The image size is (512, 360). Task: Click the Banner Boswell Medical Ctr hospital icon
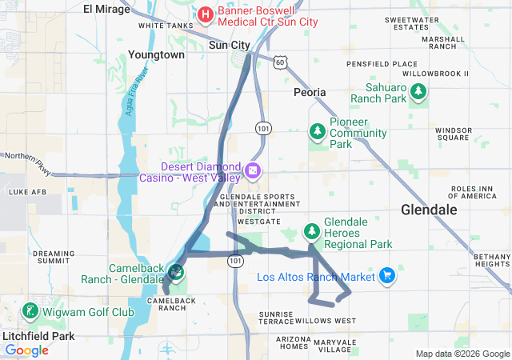205,14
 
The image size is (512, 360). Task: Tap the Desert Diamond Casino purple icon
252,170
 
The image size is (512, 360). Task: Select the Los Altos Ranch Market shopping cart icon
387,275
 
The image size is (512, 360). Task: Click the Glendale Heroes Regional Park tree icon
311,232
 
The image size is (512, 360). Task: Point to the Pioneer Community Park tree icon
318,130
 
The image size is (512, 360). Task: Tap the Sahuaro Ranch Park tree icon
417,93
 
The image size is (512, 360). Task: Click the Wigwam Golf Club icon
30,311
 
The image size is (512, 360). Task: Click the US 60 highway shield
278,62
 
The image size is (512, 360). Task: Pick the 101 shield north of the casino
262,128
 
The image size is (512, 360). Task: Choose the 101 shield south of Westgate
234,261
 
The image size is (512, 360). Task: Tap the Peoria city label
310,92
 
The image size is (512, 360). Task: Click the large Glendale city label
429,210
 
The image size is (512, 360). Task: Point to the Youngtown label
156,55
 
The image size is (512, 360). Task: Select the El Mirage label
109,9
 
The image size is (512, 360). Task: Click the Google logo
26,350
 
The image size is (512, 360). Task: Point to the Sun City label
230,46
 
